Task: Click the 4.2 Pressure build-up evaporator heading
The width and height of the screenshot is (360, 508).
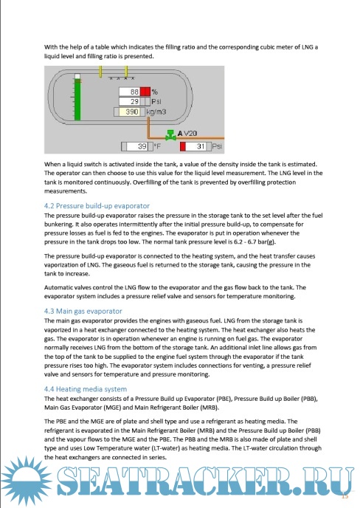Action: pos(97,206)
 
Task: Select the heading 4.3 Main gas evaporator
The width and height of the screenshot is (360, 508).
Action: pos(83,311)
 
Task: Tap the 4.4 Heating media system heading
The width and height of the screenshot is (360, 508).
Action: pos(86,389)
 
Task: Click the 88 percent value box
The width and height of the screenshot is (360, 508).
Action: pos(130,92)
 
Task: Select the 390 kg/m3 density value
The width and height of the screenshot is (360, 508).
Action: pos(129,111)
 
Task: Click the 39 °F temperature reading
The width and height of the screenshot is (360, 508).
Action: pos(137,146)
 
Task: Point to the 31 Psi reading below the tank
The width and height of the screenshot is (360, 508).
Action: pos(196,146)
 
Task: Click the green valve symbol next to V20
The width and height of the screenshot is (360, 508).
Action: pos(170,135)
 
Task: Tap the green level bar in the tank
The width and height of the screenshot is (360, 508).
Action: pos(77,100)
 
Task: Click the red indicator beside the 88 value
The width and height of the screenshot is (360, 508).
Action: pos(145,92)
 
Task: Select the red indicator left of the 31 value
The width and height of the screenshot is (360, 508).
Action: pos(183,146)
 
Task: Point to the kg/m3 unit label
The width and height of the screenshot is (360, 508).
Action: pos(156,111)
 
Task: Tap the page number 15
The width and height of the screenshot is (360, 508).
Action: pos(345,496)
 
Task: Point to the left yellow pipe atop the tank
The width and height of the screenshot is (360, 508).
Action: pos(100,72)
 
